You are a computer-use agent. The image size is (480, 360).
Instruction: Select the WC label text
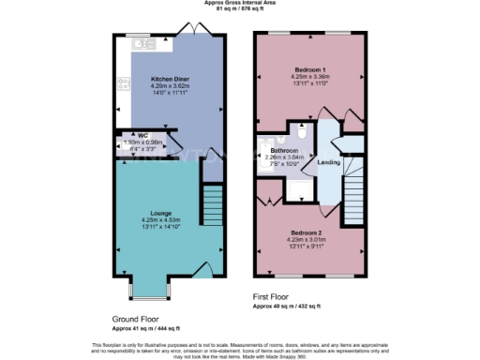[143, 135]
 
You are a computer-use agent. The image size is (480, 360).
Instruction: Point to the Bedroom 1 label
[310, 69]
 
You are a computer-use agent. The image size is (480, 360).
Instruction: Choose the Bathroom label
[284, 150]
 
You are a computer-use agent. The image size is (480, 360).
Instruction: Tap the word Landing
[330, 162]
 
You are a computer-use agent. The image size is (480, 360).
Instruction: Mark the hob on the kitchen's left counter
[121, 83]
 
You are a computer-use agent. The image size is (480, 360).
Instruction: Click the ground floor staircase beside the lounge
[214, 201]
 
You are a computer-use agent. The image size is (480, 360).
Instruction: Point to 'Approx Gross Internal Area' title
[239, 4]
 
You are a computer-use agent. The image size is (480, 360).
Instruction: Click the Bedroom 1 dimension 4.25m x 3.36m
[310, 77]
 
